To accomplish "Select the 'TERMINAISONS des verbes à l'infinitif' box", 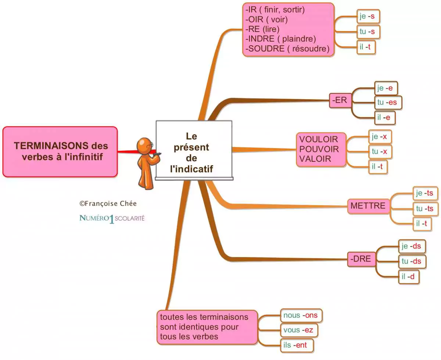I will pyautogui.click(x=60, y=152).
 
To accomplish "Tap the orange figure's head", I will pyautogui.click(x=144, y=145).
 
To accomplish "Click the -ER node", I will pyautogui.click(x=340, y=100).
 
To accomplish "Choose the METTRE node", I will pyautogui.click(x=368, y=206).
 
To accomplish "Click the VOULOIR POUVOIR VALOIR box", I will pyautogui.click(x=321, y=149).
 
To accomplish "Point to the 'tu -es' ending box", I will pyautogui.click(x=388, y=102).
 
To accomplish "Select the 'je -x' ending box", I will pyautogui.click(x=380, y=137).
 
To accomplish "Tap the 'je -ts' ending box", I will pyautogui.click(x=425, y=193).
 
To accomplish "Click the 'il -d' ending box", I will pyautogui.click(x=408, y=277).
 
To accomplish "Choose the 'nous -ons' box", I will pyautogui.click(x=301, y=316).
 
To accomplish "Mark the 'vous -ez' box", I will pyautogui.click(x=298, y=330).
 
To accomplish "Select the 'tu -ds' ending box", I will pyautogui.click(x=412, y=261).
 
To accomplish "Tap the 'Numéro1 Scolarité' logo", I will pyautogui.click(x=112, y=218).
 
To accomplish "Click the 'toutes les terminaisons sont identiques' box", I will pyautogui.click(x=207, y=327).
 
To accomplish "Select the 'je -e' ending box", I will pyautogui.click(x=386, y=88).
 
